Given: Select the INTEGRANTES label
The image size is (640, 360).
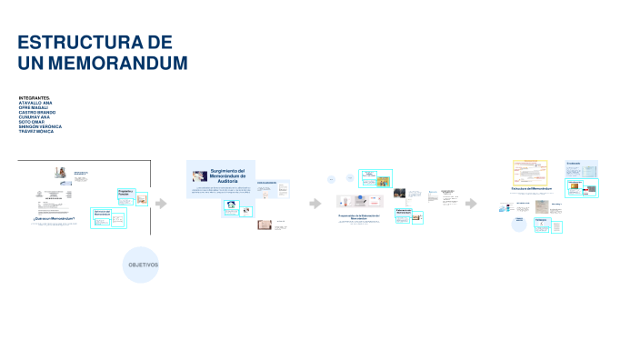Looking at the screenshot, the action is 35,97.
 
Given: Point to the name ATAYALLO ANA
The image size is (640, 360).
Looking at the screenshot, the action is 35,103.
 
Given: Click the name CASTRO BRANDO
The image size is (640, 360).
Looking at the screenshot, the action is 36,112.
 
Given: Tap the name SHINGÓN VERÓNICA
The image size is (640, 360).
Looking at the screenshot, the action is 40,126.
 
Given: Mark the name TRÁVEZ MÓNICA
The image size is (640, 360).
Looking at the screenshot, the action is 36,132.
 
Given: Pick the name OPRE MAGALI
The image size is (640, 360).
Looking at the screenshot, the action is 33,107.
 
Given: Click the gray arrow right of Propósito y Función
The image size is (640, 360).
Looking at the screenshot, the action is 161,204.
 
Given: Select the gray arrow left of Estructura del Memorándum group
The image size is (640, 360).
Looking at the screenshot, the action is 471,204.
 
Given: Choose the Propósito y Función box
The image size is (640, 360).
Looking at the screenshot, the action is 125,194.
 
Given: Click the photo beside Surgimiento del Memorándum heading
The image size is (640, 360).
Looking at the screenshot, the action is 199,175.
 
